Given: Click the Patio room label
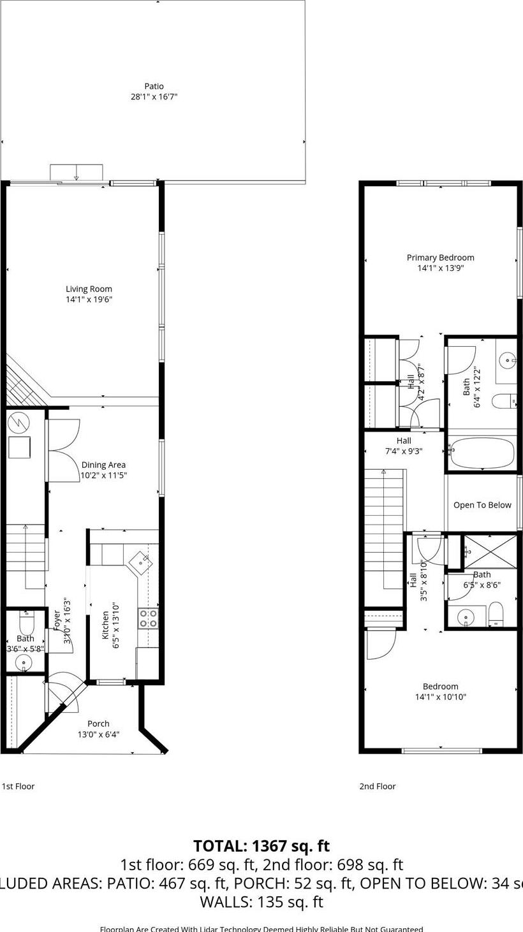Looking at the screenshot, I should pyautogui.click(x=154, y=86).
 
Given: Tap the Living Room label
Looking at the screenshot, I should pyautogui.click(x=89, y=289).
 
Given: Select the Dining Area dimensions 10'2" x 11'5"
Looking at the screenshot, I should pyautogui.click(x=103, y=475).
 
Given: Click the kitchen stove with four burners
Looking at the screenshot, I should pyautogui.click(x=149, y=618).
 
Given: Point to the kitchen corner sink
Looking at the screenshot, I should pyautogui.click(x=142, y=562).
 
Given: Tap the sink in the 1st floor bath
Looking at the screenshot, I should pyautogui.click(x=24, y=663).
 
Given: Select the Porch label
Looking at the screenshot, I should pyautogui.click(x=98, y=724).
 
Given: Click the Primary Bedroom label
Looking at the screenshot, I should pyautogui.click(x=440, y=258).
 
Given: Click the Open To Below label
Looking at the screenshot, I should pyautogui.click(x=482, y=505).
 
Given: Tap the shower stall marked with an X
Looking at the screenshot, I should pyautogui.click(x=490, y=551).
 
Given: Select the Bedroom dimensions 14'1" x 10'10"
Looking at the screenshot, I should pyautogui.click(x=440, y=697).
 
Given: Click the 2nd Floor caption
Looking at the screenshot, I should pyautogui.click(x=378, y=786).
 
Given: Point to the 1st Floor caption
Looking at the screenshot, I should pyautogui.click(x=18, y=786).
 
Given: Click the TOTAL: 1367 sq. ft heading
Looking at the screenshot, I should pyautogui.click(x=261, y=846).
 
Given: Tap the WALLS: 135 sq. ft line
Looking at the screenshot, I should pyautogui.click(x=261, y=901).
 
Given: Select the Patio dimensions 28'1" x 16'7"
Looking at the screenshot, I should pyautogui.click(x=154, y=97).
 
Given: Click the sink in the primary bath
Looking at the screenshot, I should pyautogui.click(x=508, y=361).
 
